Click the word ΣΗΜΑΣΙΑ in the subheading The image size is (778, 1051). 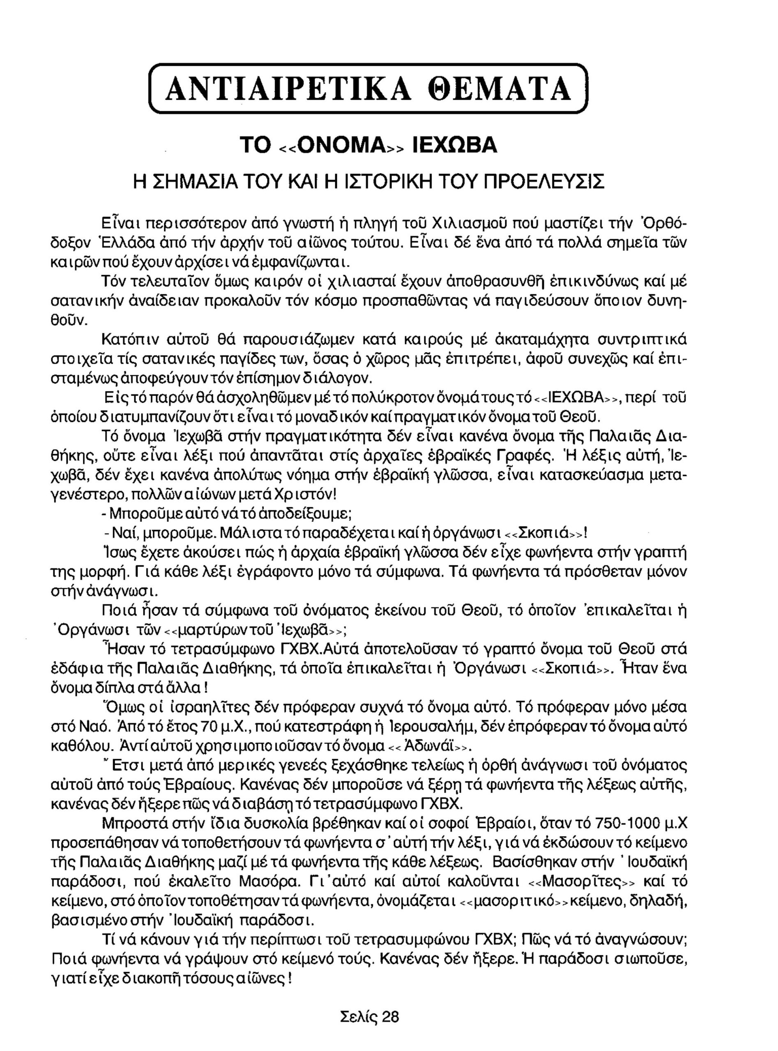[x=193, y=181]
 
